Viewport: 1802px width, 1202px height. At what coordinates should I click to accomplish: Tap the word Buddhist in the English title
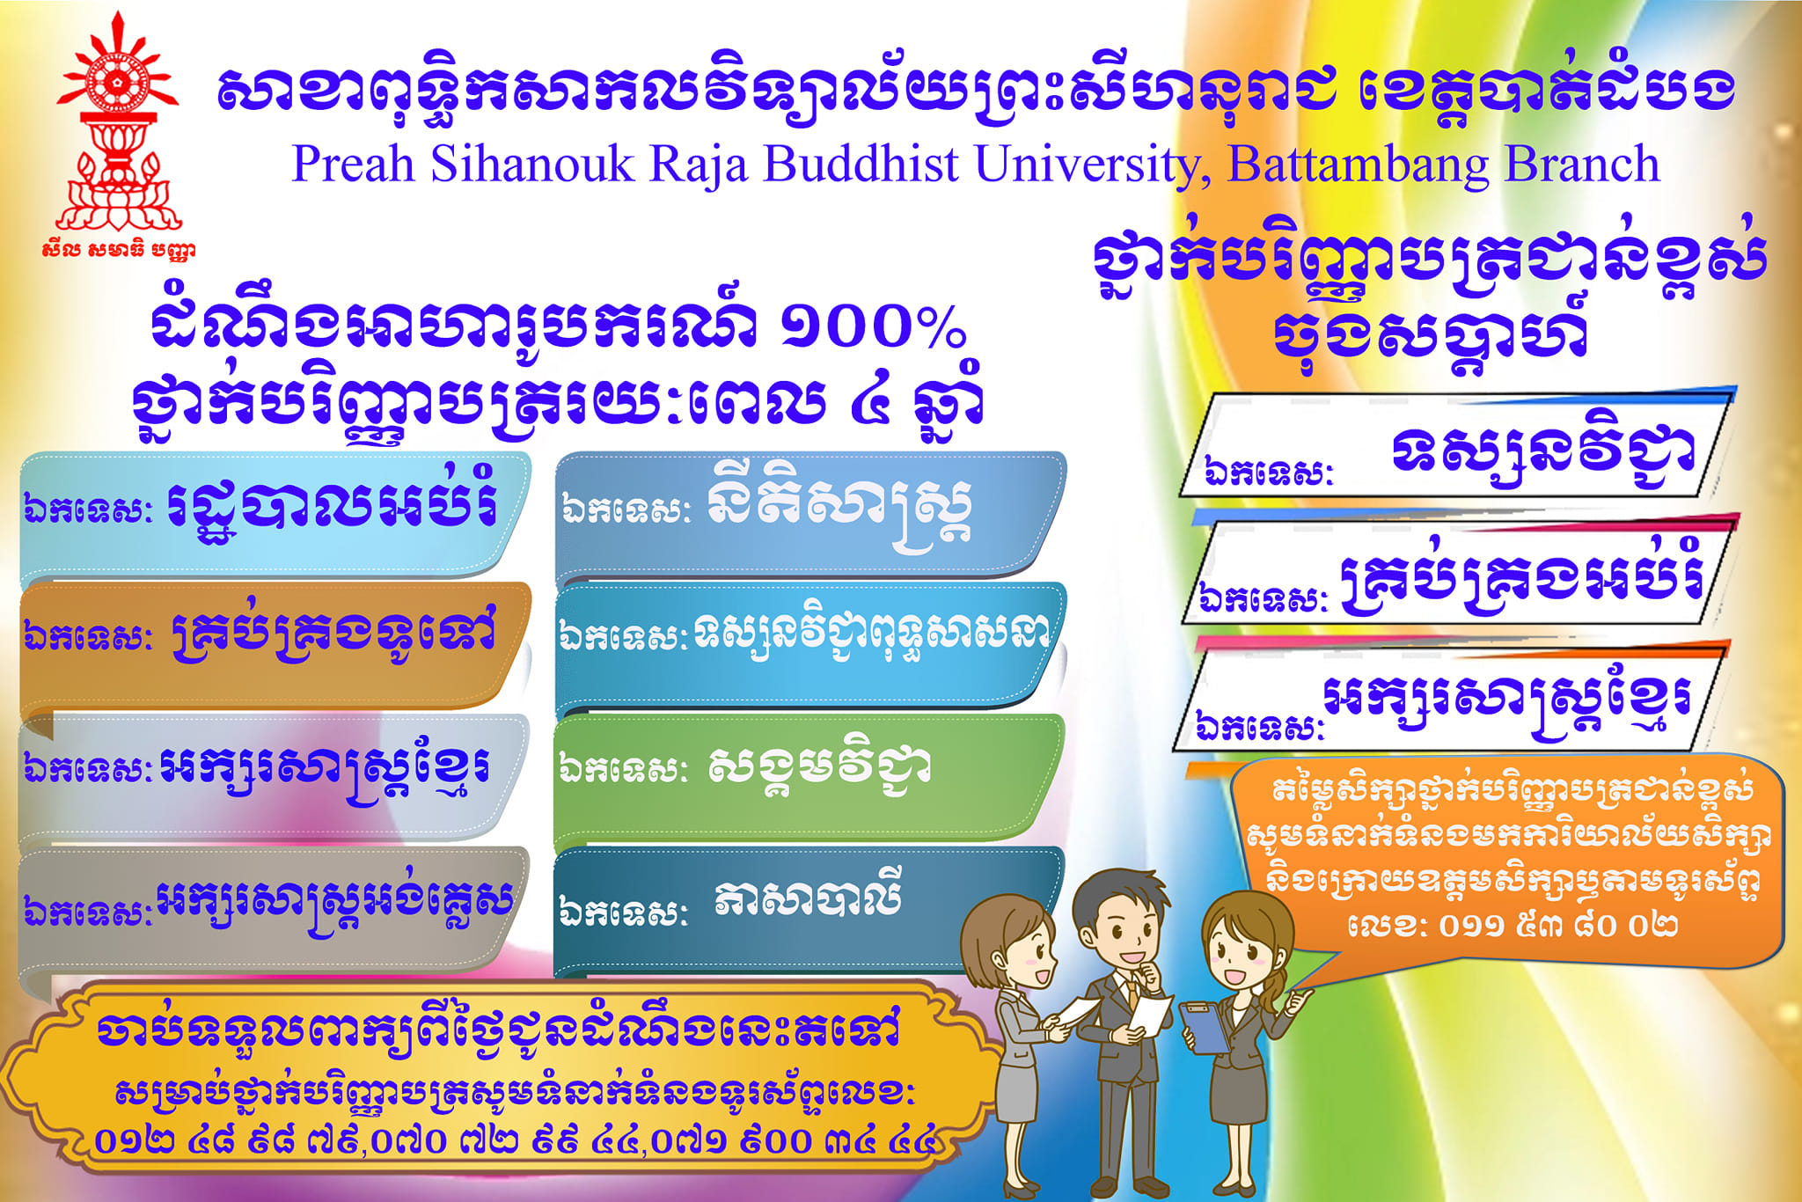point(861,165)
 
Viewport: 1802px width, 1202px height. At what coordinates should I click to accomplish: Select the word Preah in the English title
point(353,165)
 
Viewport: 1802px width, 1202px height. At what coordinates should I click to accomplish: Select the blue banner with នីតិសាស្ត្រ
point(809,515)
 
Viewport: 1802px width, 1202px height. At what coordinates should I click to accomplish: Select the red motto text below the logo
point(118,250)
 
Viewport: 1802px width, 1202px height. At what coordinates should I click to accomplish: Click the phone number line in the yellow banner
point(516,1141)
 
